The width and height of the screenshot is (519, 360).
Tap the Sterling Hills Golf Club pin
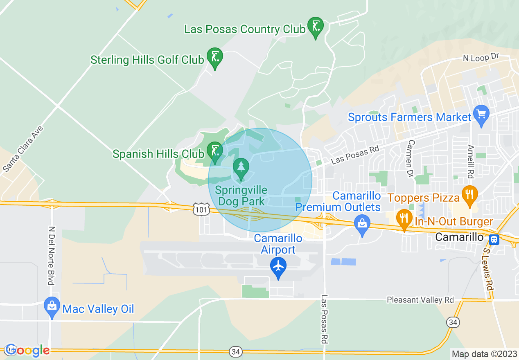[214, 57]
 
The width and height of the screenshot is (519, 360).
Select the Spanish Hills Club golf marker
[214, 151]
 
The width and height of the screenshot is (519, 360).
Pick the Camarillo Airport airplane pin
[278, 267]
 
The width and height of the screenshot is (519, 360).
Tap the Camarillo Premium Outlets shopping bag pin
[362, 225]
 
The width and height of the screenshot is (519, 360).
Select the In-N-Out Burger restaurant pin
[404, 218]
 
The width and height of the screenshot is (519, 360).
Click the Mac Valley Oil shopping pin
[52, 307]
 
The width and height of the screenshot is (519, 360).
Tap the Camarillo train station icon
[494, 239]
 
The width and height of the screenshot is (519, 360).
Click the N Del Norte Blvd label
[51, 256]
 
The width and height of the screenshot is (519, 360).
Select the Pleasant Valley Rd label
[420, 300]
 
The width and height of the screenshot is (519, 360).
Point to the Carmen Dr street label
[411, 158]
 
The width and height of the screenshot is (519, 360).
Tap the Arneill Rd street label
[470, 161]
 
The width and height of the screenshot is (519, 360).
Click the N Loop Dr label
[482, 58]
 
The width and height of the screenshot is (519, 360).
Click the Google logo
[27, 350]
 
